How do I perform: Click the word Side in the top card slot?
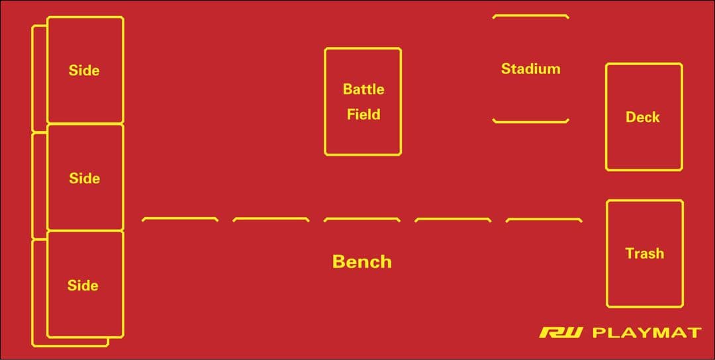click(x=84, y=70)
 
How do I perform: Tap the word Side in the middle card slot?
click(x=84, y=178)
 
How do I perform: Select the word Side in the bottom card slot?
click(x=83, y=285)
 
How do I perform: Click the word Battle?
click(x=363, y=89)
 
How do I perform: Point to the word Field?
click(x=363, y=114)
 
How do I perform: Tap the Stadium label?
click(x=530, y=69)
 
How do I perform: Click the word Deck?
click(x=643, y=117)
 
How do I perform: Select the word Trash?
click(x=644, y=253)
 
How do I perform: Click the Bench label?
click(x=362, y=261)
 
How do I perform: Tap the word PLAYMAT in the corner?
click(x=646, y=332)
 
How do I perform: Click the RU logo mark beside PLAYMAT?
click(x=561, y=332)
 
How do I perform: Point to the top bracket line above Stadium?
click(x=530, y=15)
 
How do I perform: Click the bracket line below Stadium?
click(x=530, y=121)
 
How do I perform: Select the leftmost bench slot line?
click(x=180, y=218)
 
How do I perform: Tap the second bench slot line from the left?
click(x=271, y=218)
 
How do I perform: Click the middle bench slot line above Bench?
click(x=361, y=218)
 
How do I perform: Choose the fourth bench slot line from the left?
click(x=453, y=218)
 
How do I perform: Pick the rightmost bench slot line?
click(x=544, y=218)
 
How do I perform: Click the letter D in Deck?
click(x=630, y=117)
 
